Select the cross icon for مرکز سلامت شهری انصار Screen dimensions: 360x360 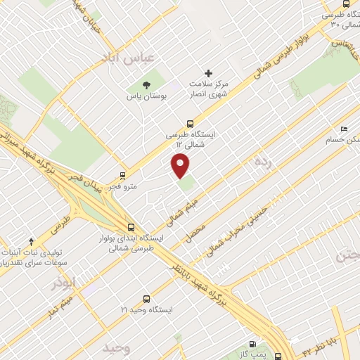(207, 72)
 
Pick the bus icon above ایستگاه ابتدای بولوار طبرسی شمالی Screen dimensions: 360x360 (131, 226)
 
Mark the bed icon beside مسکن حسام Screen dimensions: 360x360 (342, 129)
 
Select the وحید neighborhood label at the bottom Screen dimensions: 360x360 (116, 349)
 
